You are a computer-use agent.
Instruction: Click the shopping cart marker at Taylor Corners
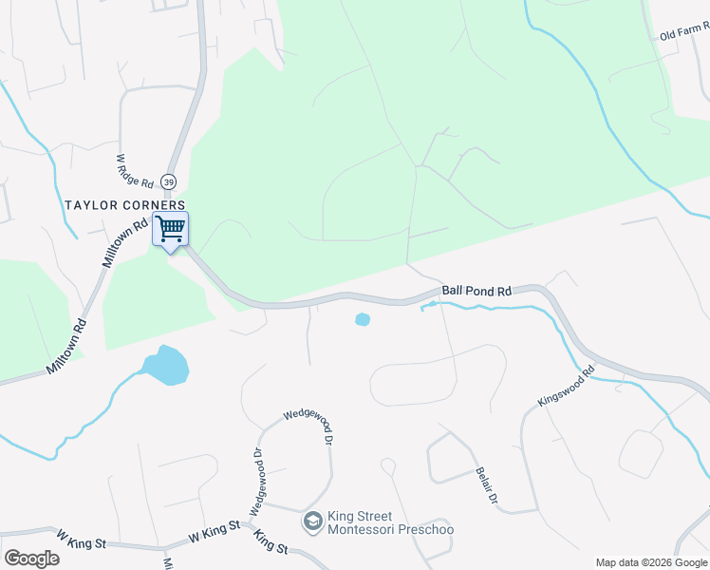click(171, 229)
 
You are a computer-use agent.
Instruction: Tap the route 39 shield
click(168, 181)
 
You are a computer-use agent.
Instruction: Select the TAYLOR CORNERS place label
click(124, 205)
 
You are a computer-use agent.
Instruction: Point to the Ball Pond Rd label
click(476, 291)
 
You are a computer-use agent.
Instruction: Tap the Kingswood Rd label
click(566, 387)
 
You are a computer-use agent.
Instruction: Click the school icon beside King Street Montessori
click(312, 521)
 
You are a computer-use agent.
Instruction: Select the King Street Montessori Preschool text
click(389, 523)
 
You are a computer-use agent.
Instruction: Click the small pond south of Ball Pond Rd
click(362, 320)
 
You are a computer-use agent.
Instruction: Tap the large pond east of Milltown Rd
click(165, 366)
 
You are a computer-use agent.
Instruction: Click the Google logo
click(31, 558)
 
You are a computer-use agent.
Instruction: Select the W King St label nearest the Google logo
click(81, 542)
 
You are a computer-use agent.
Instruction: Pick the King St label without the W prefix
click(271, 542)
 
